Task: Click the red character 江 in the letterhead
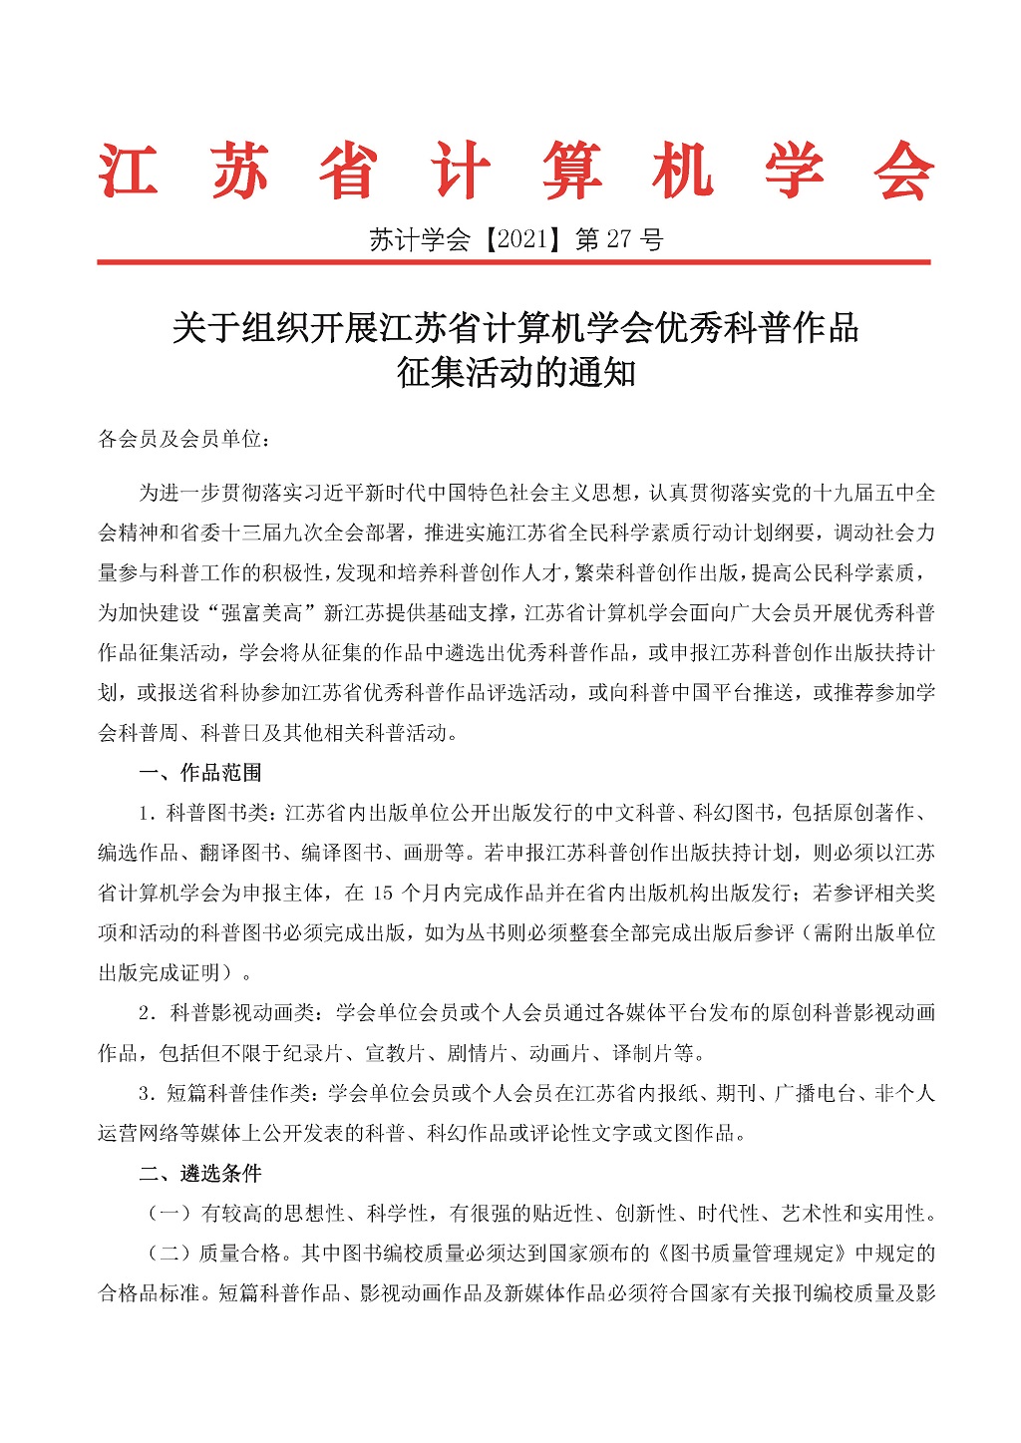click(x=129, y=171)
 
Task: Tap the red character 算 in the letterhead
click(x=571, y=171)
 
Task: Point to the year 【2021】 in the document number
click(x=522, y=239)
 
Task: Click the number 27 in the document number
click(x=618, y=239)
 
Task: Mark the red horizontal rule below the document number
click(x=513, y=262)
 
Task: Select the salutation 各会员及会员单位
click(x=178, y=439)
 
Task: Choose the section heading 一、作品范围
click(x=199, y=773)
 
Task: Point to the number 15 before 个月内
click(x=384, y=893)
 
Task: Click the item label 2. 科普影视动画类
click(x=226, y=1013)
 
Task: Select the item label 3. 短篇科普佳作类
click(x=226, y=1094)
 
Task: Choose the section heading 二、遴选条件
click(x=199, y=1174)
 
